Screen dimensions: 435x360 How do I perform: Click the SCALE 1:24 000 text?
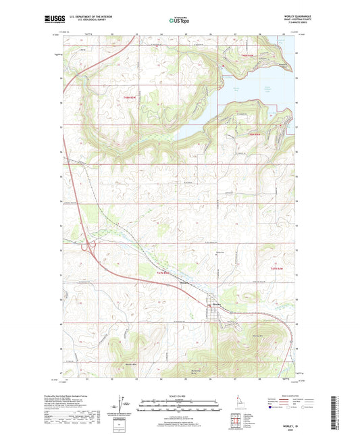click(179, 394)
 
